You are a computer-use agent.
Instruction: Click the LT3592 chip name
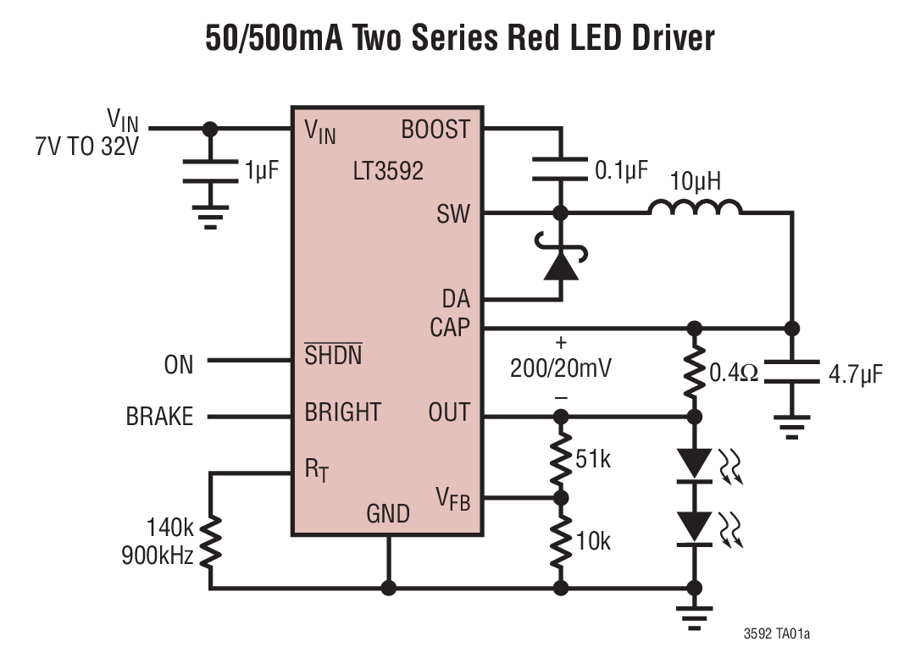click(388, 172)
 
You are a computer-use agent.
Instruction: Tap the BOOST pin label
click(435, 130)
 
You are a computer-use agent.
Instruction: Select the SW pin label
click(453, 213)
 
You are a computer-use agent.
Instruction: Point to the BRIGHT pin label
click(343, 412)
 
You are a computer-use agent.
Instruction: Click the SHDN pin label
click(333, 356)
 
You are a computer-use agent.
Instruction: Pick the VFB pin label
click(452, 498)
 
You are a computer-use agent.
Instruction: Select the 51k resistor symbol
click(559, 458)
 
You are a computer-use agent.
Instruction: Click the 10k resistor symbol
click(559, 542)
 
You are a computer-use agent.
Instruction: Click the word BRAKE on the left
click(159, 417)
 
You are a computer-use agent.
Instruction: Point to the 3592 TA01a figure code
click(776, 633)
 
